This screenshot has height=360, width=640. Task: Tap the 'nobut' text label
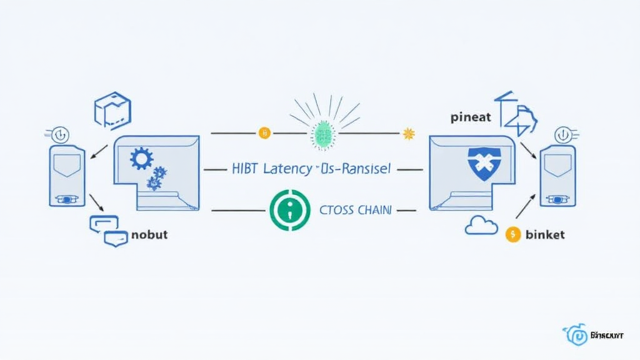149,236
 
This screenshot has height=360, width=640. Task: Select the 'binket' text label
545,234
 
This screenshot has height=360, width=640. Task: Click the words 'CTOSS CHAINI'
356,211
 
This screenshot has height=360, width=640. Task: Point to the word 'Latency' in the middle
288,169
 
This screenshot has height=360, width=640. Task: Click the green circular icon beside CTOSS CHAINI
289,211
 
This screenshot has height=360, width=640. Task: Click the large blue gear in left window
141,158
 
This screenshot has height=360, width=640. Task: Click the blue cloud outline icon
481,226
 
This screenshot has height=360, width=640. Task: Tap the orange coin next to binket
512,234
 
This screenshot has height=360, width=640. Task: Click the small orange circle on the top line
264,132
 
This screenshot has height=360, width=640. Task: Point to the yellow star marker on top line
409,132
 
